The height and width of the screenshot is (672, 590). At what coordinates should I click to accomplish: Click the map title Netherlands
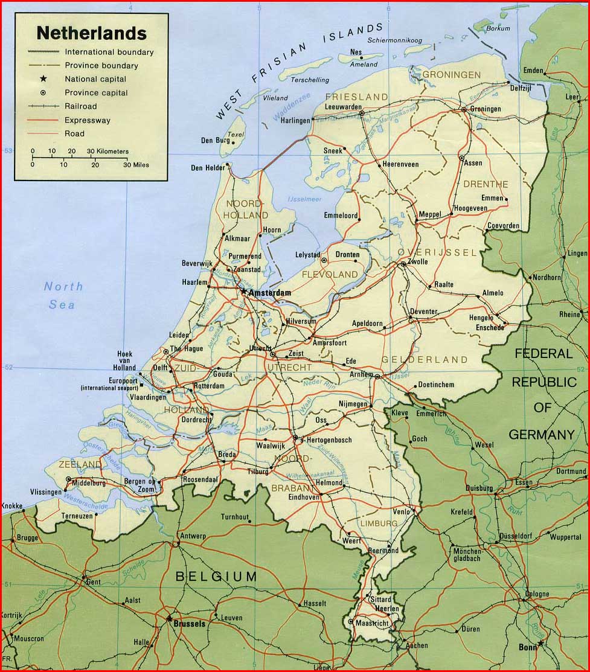pos(91,33)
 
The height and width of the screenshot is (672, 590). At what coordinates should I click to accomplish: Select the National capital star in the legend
pos(43,79)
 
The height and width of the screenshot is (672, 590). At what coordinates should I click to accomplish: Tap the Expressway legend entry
pos(87,120)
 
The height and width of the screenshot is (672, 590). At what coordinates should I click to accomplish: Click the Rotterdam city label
pos(209,386)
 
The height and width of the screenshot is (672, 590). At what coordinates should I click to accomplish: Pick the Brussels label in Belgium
pos(188,623)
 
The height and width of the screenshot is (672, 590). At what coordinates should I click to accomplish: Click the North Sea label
pos(63,295)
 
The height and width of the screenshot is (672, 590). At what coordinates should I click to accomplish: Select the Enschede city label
pos(490,327)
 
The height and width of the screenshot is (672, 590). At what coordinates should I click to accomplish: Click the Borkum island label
pos(499,28)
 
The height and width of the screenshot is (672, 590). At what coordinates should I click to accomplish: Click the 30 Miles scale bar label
pos(136,164)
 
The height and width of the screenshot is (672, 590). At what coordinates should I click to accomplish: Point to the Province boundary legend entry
pos(101,66)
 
